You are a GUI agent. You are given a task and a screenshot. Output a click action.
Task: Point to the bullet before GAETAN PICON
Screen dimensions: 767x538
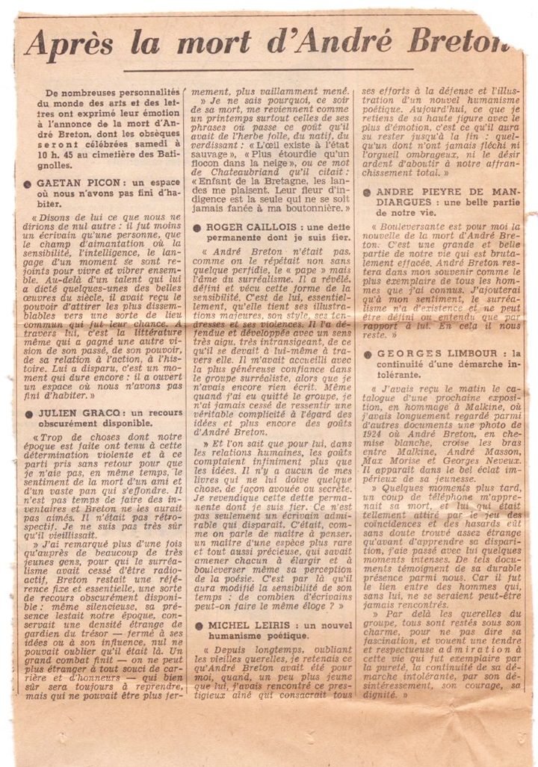pos(28,182)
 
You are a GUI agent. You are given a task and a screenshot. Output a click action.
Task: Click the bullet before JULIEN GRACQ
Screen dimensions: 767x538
pos(28,412)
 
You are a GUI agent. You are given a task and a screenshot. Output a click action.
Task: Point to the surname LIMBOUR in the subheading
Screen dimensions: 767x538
pos(466,353)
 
